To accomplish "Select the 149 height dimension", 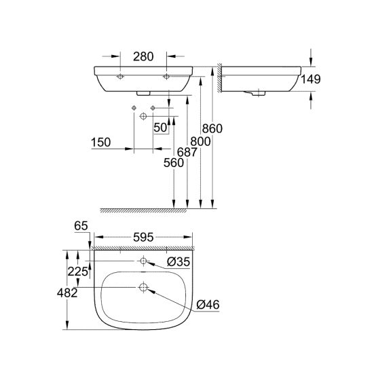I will pos(312,79).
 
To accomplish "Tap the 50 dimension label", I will pos(160,128).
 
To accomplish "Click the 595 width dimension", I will pos(143,238).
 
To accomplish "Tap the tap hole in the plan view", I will pos(143,261).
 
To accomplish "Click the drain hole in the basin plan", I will pos(143,287).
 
